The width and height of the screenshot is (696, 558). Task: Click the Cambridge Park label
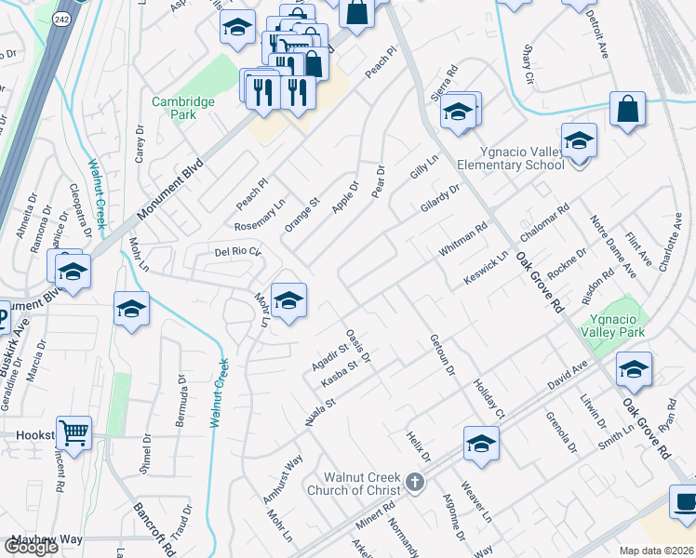tap(183, 108)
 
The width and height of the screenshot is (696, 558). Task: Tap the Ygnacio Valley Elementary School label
tap(510, 158)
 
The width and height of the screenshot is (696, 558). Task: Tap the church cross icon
tap(415, 483)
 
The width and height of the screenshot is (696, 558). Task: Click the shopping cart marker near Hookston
tap(74, 433)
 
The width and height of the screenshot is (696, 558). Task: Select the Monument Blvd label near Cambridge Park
tap(174, 187)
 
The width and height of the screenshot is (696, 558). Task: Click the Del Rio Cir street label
tap(239, 251)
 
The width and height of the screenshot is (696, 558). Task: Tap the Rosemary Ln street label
tap(260, 217)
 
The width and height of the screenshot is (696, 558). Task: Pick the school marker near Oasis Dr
tap(289, 299)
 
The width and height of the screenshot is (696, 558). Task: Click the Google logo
tap(32, 547)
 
